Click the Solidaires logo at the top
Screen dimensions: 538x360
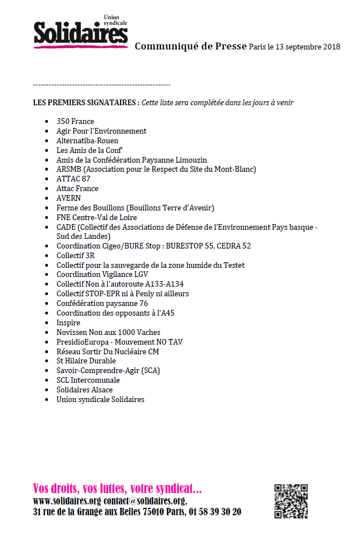click(x=80, y=32)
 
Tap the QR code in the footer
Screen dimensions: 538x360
click(x=291, y=501)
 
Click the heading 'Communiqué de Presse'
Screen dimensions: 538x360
click(x=191, y=46)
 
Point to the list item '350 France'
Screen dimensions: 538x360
click(x=75, y=121)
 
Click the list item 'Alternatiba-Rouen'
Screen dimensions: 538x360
click(x=87, y=140)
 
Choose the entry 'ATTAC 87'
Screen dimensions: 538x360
click(x=73, y=179)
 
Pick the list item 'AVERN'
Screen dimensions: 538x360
click(x=69, y=198)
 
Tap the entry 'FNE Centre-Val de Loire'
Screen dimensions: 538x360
click(x=97, y=217)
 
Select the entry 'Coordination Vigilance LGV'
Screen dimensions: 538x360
click(x=102, y=274)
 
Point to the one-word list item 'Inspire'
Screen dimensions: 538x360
click(x=68, y=322)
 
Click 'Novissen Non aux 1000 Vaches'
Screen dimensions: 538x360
click(x=108, y=332)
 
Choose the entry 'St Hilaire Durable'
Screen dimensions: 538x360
click(x=86, y=361)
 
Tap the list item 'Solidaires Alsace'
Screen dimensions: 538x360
click(x=84, y=390)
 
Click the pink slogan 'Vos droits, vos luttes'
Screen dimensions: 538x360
click(x=117, y=489)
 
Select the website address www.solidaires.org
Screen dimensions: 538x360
click(x=67, y=501)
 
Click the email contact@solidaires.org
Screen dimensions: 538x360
click(x=145, y=501)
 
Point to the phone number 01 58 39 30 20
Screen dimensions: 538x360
click(x=214, y=512)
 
